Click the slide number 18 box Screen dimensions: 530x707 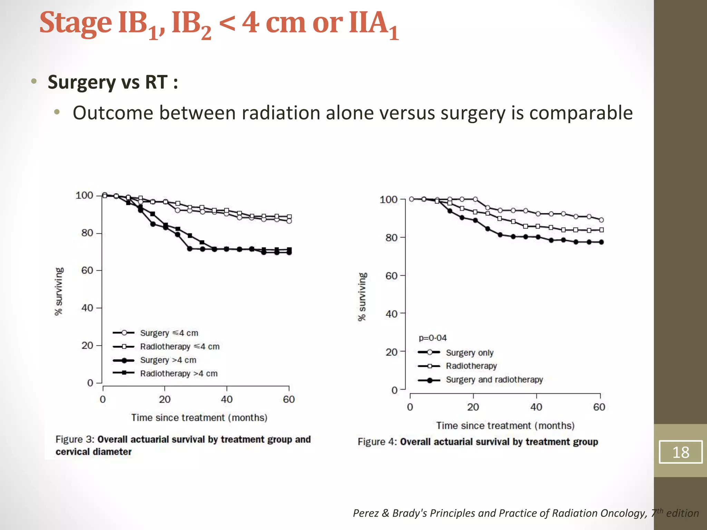pyautogui.click(x=680, y=452)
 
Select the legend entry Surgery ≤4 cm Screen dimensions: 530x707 pyautogui.click(x=169, y=333)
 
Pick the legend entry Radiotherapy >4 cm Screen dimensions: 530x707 pyautogui.click(x=178, y=373)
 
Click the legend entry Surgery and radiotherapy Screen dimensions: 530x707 pyautogui.click(x=494, y=380)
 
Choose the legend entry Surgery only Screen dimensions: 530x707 pyautogui.click(x=469, y=353)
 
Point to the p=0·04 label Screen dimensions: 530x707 pyautogui.click(x=433, y=338)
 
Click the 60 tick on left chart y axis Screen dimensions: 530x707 pyautogui.click(x=87, y=270)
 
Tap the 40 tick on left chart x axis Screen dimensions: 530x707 pyautogui.click(x=226, y=399)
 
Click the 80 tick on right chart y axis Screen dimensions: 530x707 pyautogui.click(x=391, y=237)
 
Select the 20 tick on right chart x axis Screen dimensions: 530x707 pyautogui.click(x=473, y=407)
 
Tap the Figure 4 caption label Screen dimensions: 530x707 pyautogui.click(x=377, y=442)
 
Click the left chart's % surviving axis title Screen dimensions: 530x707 pyautogui.click(x=59, y=291)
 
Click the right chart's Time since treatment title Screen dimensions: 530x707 pyautogui.click(x=505, y=425)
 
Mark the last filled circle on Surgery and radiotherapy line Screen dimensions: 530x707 pyautogui.click(x=601, y=242)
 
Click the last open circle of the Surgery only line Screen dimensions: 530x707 pyautogui.click(x=601, y=220)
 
